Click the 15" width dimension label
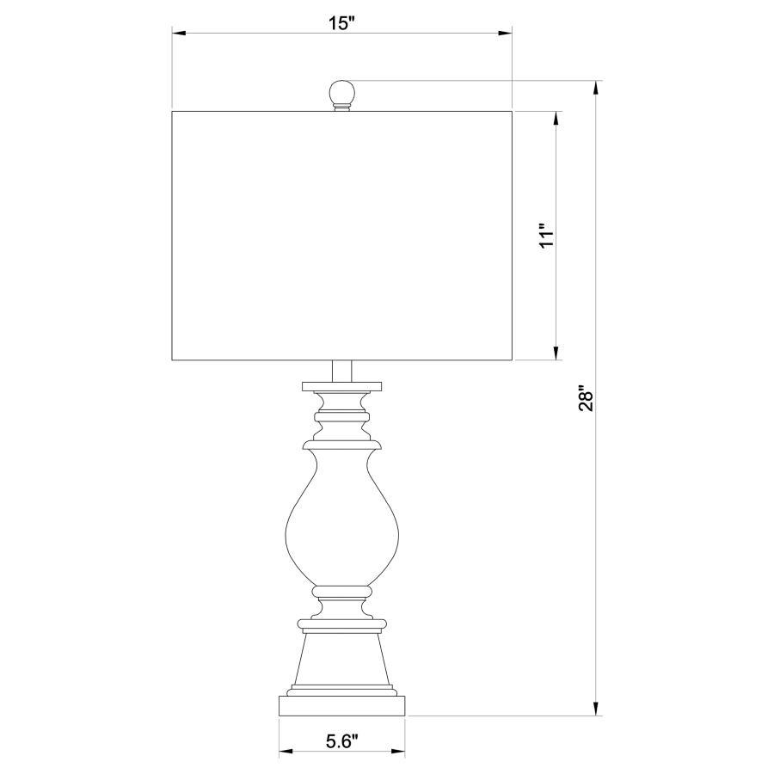(341, 22)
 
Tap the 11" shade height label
(548, 237)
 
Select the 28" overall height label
(587, 398)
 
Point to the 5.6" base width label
(341, 741)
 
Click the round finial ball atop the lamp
(341, 92)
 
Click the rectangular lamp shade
(341, 236)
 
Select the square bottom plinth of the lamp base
(341, 706)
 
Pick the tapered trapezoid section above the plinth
(341, 659)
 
